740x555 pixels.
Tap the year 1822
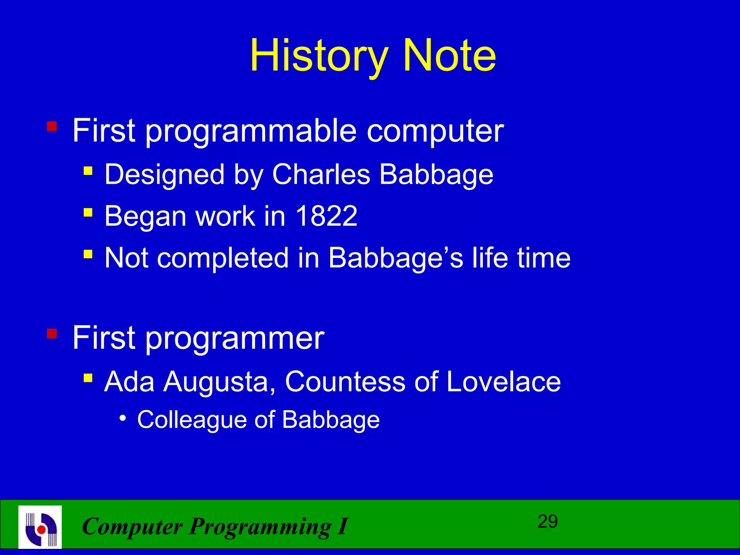(327, 216)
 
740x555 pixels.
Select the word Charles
(321, 174)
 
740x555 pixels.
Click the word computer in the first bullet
(435, 132)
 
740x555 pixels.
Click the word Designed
(164, 175)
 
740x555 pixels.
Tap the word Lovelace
(504, 382)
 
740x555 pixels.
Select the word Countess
(345, 382)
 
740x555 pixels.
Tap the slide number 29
(547, 522)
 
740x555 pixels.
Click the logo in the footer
(40, 527)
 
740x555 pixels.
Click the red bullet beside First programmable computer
(52, 127)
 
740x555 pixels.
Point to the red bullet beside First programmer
(52, 334)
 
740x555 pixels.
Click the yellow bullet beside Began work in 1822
(88, 212)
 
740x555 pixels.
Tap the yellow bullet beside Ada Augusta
(88, 378)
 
